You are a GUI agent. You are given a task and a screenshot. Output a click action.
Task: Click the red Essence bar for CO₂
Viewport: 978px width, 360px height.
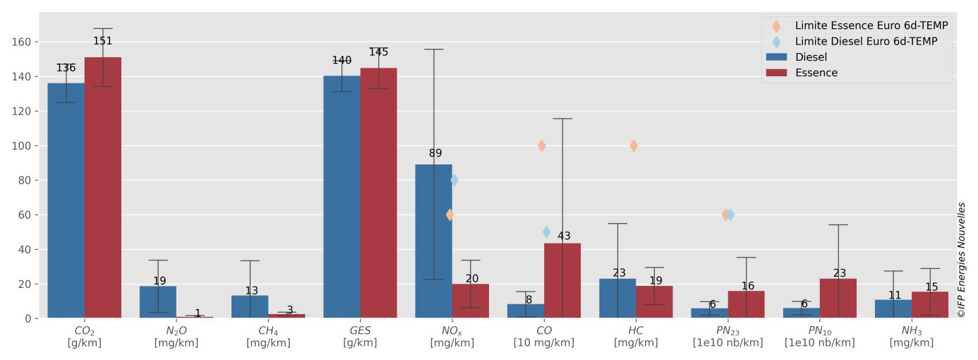click(103, 188)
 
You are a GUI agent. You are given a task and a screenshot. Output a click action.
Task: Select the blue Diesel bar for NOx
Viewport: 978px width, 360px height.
click(433, 241)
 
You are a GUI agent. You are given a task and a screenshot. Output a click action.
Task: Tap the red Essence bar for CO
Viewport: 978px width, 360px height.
click(562, 280)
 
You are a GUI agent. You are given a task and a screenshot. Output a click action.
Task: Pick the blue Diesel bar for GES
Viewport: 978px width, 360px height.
click(342, 197)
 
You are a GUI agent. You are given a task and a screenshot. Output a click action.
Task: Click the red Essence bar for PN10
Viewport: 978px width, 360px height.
click(838, 299)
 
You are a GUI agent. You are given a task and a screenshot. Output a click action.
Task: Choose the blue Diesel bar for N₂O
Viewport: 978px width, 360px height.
click(158, 302)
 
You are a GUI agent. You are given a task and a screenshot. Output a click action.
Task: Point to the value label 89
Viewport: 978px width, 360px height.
click(435, 153)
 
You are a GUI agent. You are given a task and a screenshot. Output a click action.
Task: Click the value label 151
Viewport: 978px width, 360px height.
click(102, 41)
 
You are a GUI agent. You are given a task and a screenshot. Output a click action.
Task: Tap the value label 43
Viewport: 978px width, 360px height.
click(564, 236)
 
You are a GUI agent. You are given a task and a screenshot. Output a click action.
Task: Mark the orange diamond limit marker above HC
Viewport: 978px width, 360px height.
click(634, 145)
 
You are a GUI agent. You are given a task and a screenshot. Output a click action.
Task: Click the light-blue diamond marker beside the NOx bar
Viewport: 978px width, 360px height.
click(454, 180)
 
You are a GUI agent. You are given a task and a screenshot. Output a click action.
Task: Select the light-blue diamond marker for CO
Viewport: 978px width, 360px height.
click(546, 232)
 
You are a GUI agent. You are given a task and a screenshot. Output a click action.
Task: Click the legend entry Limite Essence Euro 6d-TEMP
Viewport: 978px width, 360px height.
click(856, 26)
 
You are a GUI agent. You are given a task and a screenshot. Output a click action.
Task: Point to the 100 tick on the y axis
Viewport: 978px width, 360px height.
click(22, 146)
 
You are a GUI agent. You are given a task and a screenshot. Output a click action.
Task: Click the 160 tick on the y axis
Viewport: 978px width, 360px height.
click(22, 42)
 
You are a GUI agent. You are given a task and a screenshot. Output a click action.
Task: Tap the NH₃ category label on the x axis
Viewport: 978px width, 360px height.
click(912, 337)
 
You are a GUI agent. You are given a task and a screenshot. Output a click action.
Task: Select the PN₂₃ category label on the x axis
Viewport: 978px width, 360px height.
click(728, 337)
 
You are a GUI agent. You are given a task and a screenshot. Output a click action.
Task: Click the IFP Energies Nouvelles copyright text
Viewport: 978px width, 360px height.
click(961, 260)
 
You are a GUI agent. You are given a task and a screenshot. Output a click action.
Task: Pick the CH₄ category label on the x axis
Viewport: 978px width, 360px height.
click(268, 337)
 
